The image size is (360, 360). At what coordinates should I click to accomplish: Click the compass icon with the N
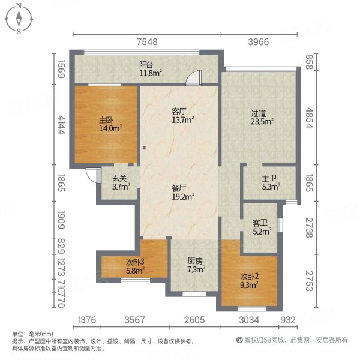19,19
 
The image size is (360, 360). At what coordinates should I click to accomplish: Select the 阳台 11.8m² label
151,70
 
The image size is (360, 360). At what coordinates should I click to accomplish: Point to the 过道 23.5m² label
262,116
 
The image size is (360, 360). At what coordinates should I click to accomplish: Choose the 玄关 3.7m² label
120,182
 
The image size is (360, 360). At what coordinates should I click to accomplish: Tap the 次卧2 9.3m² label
249,280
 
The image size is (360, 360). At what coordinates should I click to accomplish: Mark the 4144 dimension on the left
61,124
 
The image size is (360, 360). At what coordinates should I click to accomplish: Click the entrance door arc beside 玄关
92,176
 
